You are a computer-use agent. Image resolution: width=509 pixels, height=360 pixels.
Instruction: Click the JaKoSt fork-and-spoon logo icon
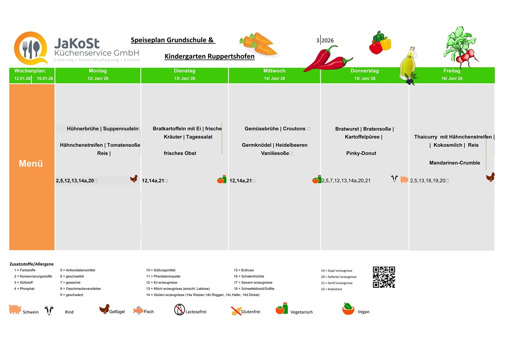31,48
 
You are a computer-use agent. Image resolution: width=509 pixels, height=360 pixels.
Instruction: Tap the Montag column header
98,71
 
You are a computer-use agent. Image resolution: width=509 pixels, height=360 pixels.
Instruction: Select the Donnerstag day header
364,71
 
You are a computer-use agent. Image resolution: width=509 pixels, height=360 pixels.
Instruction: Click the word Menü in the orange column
31,163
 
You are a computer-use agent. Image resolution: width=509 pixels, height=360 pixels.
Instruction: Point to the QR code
384,277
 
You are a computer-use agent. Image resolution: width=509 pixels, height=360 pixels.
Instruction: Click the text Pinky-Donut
361,153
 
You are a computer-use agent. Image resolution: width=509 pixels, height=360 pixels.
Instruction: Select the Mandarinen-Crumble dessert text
454,163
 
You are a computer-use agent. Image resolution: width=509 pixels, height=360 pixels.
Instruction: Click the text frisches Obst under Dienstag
180,153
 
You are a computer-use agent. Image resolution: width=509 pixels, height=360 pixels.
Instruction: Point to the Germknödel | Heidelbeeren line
274,145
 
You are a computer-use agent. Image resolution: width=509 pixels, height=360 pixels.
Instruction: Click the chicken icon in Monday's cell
134,179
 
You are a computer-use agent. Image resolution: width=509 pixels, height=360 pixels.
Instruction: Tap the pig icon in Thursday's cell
404,180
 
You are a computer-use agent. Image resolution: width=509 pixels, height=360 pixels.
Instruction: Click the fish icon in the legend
138,310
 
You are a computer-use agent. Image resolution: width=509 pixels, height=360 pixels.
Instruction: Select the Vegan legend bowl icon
348,309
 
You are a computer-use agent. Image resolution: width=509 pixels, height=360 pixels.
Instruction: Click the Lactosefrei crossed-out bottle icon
179,310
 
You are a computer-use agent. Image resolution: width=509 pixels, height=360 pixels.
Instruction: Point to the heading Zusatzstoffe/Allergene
31,264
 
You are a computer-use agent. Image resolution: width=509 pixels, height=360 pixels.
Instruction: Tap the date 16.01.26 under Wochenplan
45,79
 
